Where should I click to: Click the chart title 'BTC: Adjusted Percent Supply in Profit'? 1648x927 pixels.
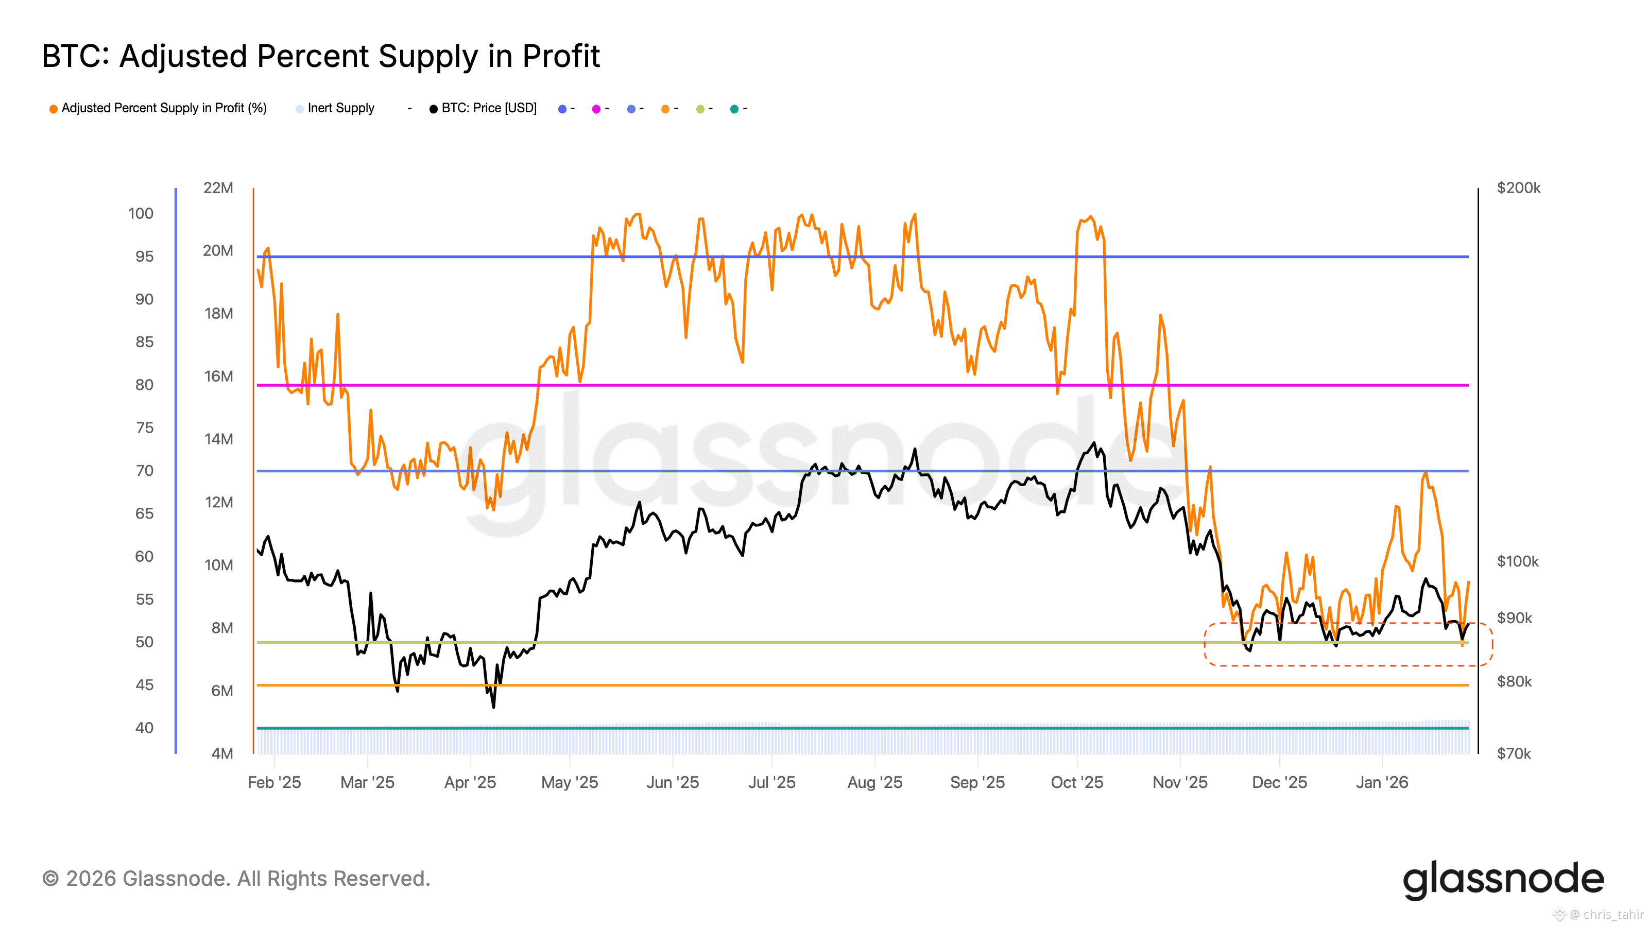point(320,56)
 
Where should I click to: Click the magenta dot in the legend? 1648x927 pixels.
point(596,109)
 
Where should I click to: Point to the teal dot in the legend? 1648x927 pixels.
point(734,109)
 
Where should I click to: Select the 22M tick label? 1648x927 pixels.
point(218,188)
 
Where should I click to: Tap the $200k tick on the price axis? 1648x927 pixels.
point(1518,188)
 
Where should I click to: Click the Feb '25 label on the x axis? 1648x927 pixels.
point(274,782)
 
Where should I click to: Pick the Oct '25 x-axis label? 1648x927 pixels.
point(1077,782)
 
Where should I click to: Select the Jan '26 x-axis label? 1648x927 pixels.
point(1382,782)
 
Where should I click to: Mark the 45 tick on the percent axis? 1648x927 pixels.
point(145,685)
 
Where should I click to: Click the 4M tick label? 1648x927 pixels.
point(222,753)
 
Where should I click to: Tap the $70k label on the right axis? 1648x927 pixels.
point(1514,753)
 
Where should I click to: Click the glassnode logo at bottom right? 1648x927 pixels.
point(1503,880)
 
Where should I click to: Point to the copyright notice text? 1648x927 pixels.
point(236,879)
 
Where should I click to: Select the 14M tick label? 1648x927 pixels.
point(218,439)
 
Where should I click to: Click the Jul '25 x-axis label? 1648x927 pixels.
point(771,782)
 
